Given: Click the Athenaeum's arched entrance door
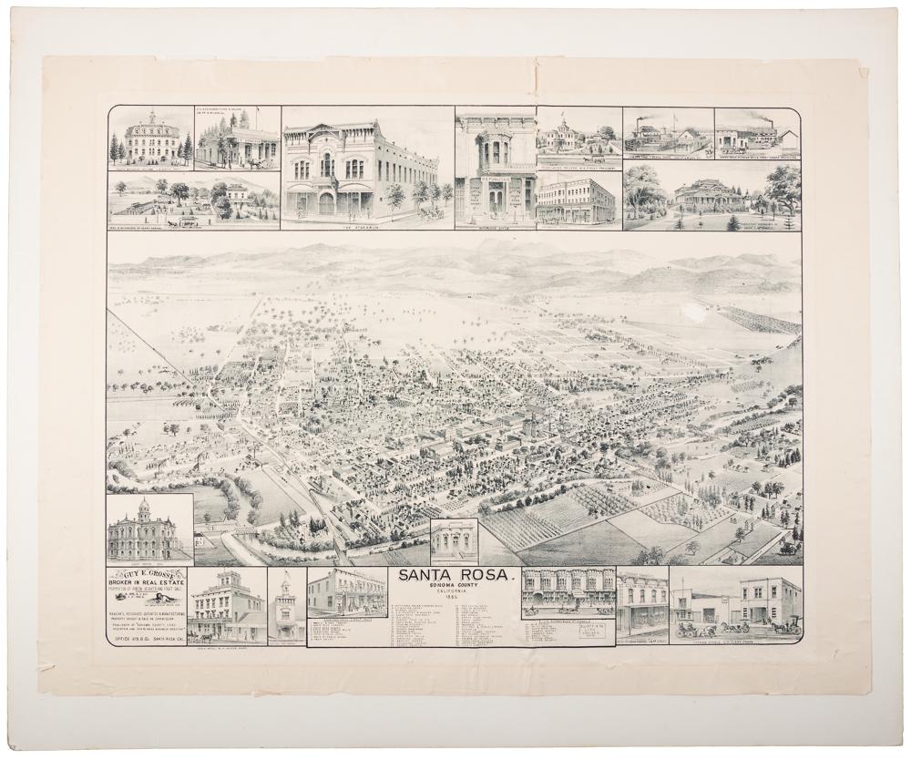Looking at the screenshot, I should pyautogui.click(x=326, y=202).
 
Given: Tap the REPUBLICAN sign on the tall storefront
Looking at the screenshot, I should pyautogui.click(x=496, y=180).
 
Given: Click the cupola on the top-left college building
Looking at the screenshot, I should pyautogui.click(x=152, y=118).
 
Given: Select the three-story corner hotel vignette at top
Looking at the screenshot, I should pyautogui.click(x=575, y=200).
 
